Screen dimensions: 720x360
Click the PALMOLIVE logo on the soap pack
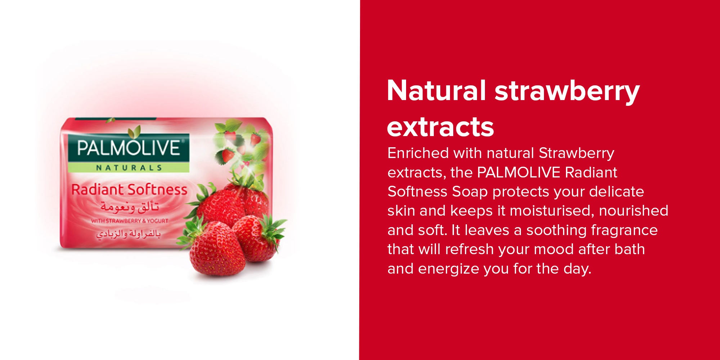(x=129, y=148)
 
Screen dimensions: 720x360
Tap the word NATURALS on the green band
(x=129, y=168)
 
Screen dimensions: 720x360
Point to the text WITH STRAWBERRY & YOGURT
(x=130, y=221)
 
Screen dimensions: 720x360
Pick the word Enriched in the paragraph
(x=418, y=153)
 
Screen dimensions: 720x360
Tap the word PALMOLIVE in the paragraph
(x=518, y=173)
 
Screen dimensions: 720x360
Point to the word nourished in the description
(x=634, y=211)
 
